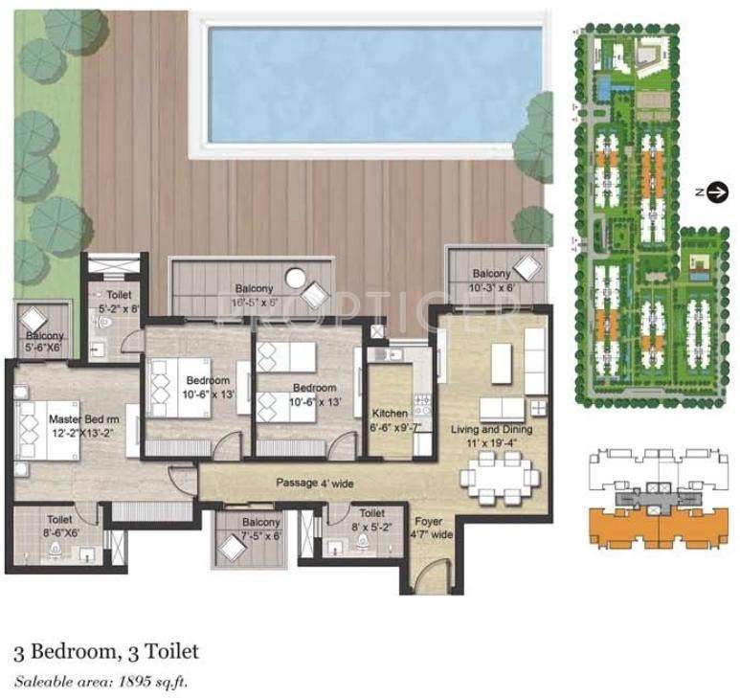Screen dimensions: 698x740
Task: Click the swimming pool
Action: pyautogui.click(x=369, y=82)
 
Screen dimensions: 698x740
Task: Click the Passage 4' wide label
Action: pyautogui.click(x=316, y=483)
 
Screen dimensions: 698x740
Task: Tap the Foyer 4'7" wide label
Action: pyautogui.click(x=428, y=529)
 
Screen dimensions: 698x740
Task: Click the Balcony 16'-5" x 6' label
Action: pyautogui.click(x=251, y=295)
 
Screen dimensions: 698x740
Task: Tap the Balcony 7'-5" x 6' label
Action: pyautogui.click(x=260, y=529)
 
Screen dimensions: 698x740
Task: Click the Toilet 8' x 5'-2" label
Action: pyautogui.click(x=371, y=520)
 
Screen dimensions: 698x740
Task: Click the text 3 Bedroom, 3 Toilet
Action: pyautogui.click(x=106, y=652)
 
